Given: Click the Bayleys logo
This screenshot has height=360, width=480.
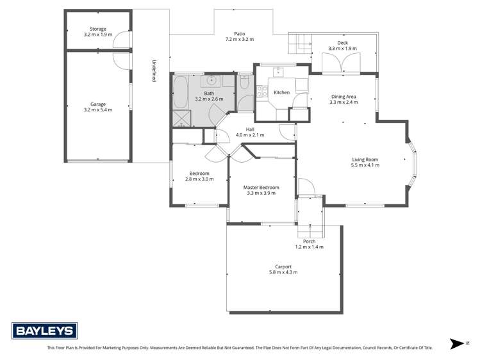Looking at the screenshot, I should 45,331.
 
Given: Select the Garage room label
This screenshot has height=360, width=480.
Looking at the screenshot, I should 98,104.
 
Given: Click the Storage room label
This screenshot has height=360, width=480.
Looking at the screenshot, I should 98,29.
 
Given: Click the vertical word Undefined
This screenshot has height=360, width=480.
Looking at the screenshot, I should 154,70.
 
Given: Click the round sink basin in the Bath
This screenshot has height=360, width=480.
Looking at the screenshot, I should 211,81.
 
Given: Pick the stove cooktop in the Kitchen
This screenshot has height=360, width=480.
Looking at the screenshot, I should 261,92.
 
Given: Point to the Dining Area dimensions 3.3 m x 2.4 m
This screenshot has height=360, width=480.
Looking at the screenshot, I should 343,102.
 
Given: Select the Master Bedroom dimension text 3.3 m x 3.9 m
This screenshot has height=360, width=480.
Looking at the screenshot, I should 261,193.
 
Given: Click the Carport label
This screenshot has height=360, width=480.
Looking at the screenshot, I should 283,266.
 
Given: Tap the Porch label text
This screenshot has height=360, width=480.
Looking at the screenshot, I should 310,241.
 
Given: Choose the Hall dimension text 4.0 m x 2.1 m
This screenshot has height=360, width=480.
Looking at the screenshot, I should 250,135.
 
